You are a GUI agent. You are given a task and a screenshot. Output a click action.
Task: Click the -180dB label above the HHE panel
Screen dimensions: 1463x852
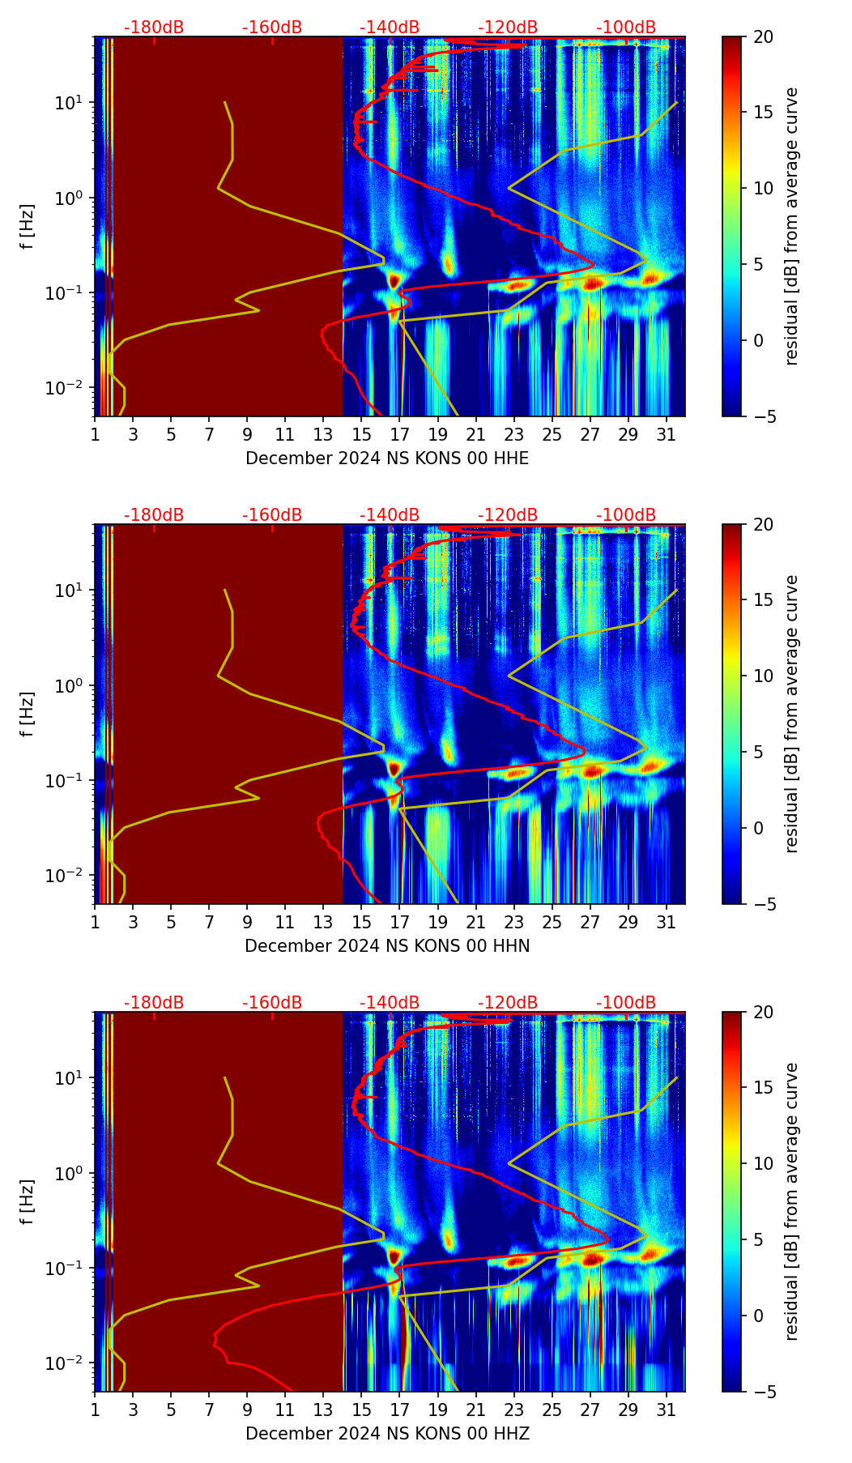(154, 28)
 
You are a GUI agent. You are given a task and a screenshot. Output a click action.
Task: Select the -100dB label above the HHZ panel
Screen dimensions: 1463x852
(626, 1003)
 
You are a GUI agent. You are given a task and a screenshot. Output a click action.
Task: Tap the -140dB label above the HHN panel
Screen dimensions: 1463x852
(390, 515)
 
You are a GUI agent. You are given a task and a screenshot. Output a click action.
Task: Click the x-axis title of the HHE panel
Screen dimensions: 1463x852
(387, 459)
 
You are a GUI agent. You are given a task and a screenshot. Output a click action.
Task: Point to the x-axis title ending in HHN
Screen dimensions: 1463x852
(387, 946)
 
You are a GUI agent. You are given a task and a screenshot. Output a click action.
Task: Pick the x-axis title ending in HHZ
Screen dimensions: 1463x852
(387, 1434)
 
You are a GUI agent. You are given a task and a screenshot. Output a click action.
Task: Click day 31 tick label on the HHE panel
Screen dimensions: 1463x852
(667, 435)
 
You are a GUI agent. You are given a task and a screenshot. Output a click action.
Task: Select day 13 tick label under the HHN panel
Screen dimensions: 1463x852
(323, 923)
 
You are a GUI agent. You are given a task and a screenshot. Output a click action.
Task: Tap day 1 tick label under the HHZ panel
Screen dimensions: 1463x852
(95, 1410)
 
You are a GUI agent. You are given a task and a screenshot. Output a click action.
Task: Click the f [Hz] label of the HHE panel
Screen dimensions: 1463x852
(28, 227)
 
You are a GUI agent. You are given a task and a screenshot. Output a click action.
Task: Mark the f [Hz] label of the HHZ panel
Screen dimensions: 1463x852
(28, 1202)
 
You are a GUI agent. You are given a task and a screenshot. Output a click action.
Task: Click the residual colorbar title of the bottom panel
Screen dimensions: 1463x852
(792, 1202)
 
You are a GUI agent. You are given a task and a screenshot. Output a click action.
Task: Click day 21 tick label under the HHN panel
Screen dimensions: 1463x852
(475, 923)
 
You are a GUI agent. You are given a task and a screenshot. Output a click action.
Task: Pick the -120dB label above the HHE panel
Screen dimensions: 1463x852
(508, 28)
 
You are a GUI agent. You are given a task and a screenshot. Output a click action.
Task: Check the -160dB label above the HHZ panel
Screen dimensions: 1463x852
(272, 1003)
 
